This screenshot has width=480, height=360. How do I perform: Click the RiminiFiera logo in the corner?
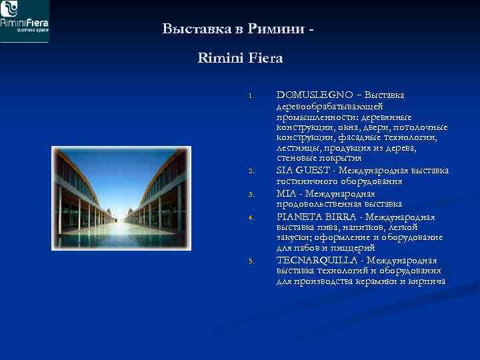[25, 21]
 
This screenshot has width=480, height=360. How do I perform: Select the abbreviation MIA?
[287, 193]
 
